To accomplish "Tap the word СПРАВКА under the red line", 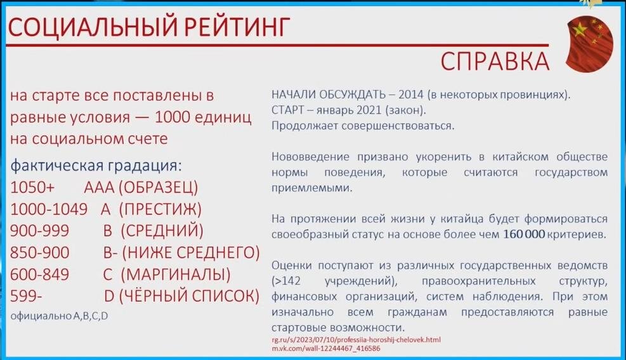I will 495,61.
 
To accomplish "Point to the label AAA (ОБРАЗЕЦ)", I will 141,188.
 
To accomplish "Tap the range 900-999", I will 40,231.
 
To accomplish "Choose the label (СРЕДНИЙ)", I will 162,231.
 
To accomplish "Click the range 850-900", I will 40,252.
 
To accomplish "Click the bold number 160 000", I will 524,234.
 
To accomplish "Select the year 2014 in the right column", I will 411,94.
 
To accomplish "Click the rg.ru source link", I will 356,340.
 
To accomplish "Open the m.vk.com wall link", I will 325,349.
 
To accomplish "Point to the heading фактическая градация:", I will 96,166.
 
